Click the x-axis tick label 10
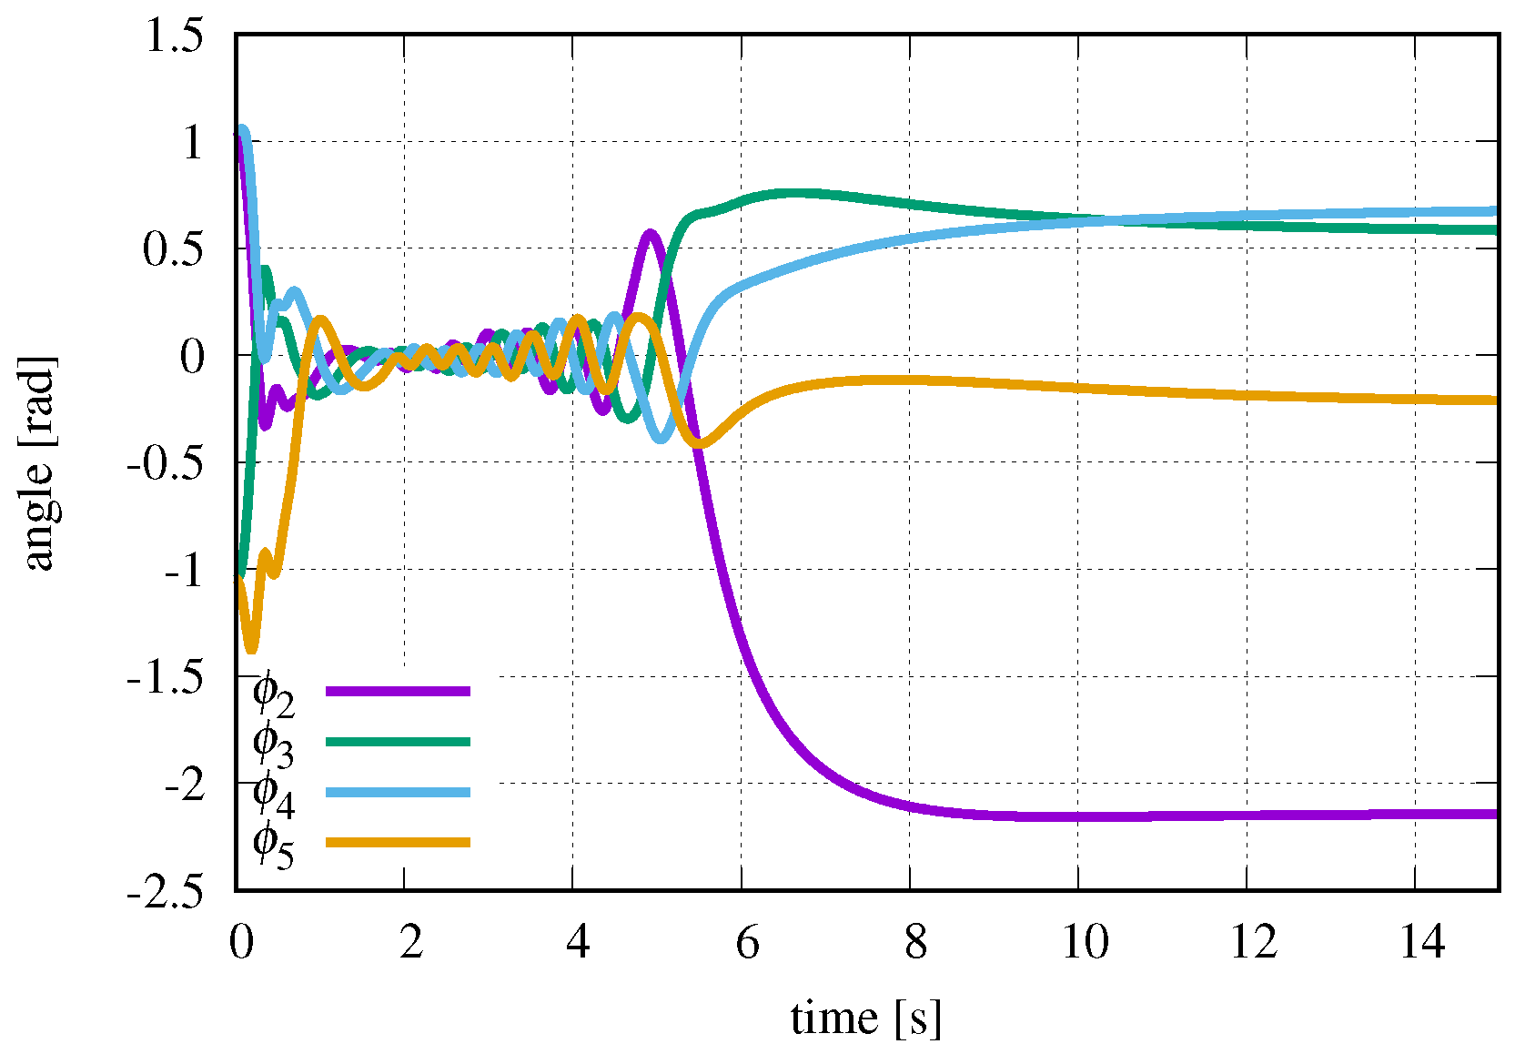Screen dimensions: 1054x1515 1085,942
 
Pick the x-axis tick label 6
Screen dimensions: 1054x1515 747,942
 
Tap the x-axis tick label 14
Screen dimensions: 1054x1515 1421,942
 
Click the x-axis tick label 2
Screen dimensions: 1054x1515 410,942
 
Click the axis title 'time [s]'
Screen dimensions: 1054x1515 865,1018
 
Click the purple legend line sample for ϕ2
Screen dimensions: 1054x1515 398,692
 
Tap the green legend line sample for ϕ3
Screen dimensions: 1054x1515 398,742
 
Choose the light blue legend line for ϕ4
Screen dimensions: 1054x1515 398,792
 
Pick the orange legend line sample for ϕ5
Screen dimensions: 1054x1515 398,842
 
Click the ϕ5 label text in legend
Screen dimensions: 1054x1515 272,845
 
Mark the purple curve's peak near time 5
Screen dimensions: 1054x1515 650,234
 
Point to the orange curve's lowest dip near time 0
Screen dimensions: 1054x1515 251,648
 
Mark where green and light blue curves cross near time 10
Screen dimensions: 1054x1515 1106,220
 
